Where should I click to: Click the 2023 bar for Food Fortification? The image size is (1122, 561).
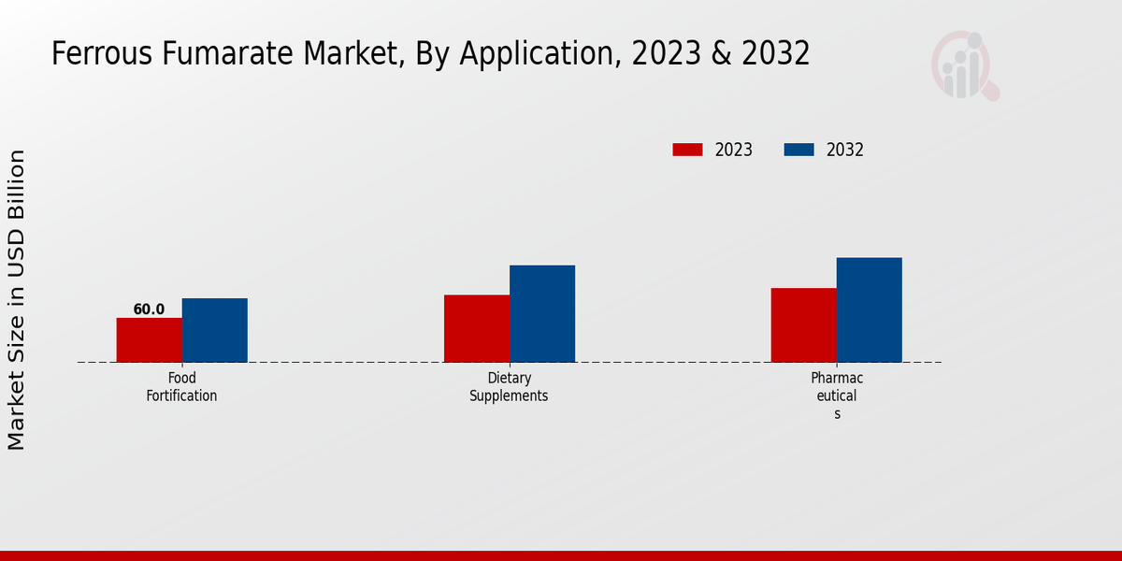(149, 340)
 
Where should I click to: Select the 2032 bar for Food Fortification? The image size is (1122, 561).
(215, 330)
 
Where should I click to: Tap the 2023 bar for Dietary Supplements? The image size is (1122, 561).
(477, 328)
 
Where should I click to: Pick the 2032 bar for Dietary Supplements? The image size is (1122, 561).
(542, 313)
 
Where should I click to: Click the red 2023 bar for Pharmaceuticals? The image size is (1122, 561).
(803, 324)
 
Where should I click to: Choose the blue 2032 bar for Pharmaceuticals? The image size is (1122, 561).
(870, 309)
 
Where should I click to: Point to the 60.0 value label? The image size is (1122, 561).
(149, 309)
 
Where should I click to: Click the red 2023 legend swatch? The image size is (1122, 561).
(687, 150)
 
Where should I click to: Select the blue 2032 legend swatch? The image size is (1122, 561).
(798, 150)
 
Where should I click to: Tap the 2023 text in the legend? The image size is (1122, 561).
(734, 150)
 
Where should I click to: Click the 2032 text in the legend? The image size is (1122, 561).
(845, 150)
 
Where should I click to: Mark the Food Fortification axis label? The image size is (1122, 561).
(181, 387)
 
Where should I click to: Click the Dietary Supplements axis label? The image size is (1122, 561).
(509, 387)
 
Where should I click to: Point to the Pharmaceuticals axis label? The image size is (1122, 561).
(837, 396)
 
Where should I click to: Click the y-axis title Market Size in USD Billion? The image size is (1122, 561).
(17, 299)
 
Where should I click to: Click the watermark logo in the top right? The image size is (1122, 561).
(964, 65)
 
